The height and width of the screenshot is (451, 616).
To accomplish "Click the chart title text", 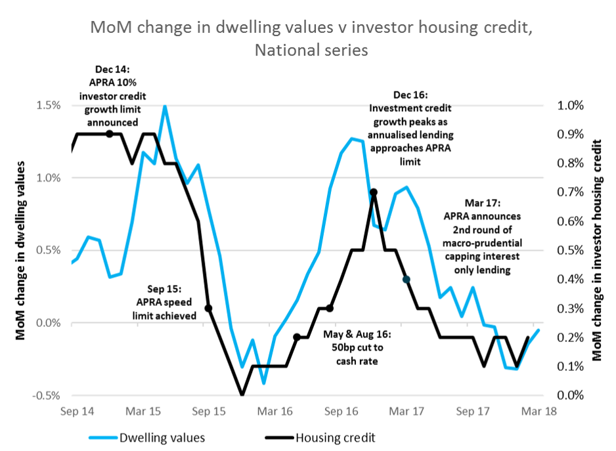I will pos(308,39).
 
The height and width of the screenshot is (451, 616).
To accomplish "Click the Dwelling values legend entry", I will pos(162,436).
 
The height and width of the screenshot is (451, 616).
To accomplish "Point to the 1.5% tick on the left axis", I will pos(49,105).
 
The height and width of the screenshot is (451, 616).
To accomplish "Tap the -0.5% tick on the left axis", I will pos(47,395).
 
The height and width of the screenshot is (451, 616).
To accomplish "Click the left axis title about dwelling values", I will pos(20,250).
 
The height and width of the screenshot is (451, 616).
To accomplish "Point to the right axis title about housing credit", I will pos(597,250).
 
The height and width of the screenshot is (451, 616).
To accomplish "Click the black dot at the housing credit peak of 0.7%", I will pos(373,192).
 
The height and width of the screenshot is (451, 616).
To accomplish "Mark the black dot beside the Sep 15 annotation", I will pos(208,308).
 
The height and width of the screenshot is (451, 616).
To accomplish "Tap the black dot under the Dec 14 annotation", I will pos(110,134).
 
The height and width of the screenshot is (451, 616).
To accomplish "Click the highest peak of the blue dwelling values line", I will pos(165,106).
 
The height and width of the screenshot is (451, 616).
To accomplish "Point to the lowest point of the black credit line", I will pos(242,395).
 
